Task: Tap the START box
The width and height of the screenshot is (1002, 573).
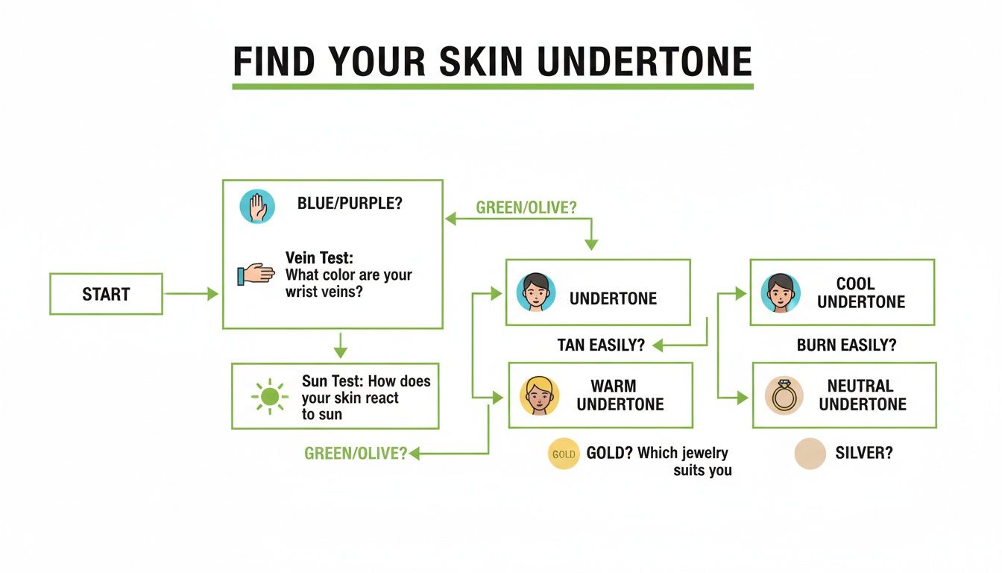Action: (106, 294)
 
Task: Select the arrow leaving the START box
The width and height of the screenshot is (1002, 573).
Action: (191, 294)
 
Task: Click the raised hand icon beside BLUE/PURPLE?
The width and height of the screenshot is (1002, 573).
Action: (257, 206)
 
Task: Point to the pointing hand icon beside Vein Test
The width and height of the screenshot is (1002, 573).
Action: (255, 274)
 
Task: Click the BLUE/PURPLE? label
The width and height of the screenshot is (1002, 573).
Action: (350, 203)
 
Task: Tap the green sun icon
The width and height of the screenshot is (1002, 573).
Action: (269, 396)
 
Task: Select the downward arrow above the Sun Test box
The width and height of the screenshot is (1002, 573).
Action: (341, 345)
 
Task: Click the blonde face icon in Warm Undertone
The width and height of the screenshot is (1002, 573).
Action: (539, 395)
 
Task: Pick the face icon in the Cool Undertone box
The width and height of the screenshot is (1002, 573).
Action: (781, 292)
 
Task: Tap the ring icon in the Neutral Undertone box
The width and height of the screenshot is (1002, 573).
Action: (784, 395)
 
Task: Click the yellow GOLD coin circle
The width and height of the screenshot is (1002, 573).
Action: (564, 454)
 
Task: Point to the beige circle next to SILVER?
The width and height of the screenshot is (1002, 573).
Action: (810, 454)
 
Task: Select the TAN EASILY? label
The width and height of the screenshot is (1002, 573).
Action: (600, 345)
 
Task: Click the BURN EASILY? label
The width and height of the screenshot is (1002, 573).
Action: (846, 345)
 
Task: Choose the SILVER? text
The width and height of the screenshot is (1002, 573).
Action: (863, 453)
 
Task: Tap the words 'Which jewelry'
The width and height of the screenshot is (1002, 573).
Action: (684, 453)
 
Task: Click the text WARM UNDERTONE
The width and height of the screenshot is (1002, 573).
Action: (620, 395)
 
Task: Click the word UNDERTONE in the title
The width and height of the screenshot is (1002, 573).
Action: (644, 62)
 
